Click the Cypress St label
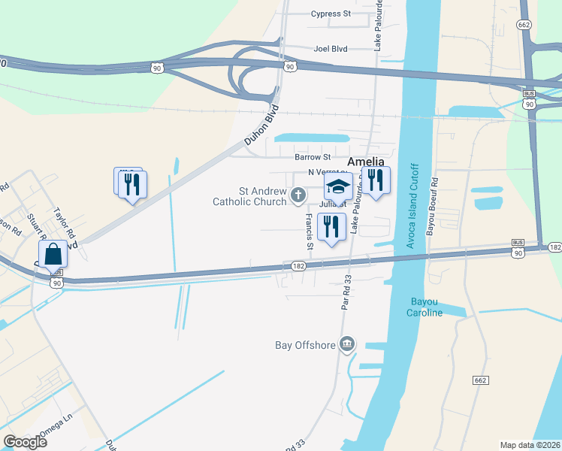click(x=331, y=14)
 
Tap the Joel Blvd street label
click(x=331, y=48)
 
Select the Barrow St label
click(x=313, y=157)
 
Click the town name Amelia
click(x=365, y=162)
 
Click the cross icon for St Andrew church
click(x=298, y=197)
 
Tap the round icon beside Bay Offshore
click(x=346, y=345)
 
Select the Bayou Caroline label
click(x=426, y=307)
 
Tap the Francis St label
click(x=309, y=231)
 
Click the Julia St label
click(x=333, y=204)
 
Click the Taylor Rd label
click(x=66, y=223)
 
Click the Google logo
click(x=25, y=441)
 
